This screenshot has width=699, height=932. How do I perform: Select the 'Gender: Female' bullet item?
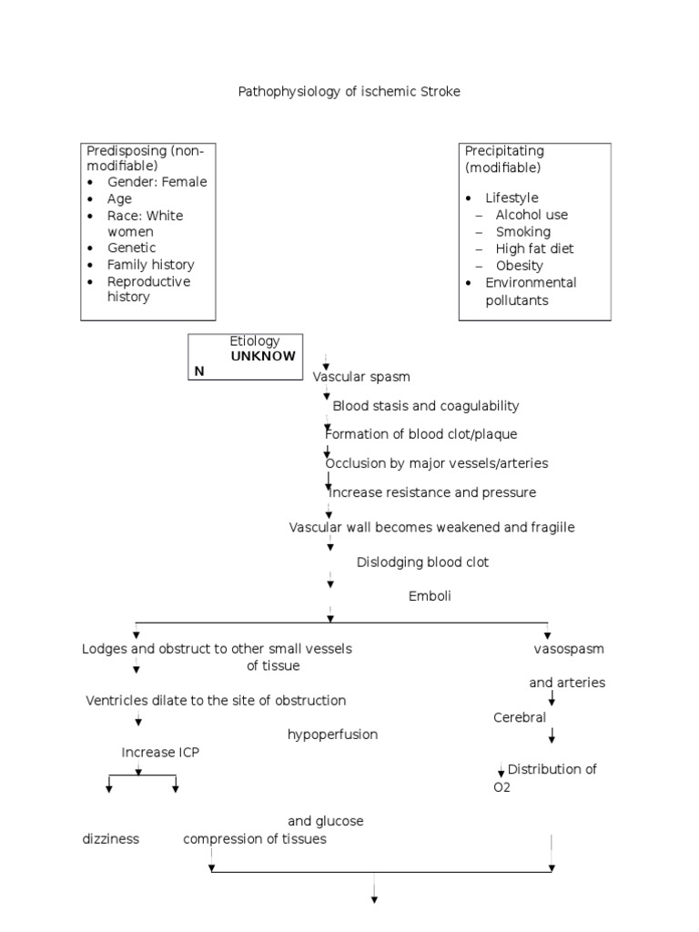tap(157, 181)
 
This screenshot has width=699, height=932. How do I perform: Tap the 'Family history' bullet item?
tap(150, 264)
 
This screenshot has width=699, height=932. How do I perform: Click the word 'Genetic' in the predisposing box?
tap(131, 248)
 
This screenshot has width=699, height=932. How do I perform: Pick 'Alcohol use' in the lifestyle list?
tap(532, 215)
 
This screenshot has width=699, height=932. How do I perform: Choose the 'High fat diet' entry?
tap(534, 248)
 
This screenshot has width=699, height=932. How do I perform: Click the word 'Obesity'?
tap(519, 266)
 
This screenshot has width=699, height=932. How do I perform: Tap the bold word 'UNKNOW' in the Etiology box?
tap(262, 356)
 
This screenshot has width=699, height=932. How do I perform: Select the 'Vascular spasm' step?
tap(361, 377)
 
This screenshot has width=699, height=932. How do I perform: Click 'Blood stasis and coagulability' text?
tap(426, 406)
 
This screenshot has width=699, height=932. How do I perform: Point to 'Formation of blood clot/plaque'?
tap(420, 434)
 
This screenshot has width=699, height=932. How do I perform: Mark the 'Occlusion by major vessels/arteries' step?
tap(437, 463)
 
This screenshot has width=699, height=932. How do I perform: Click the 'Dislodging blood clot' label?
tap(422, 562)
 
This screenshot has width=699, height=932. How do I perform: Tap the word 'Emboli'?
tap(430, 596)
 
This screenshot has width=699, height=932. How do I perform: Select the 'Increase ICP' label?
tap(160, 752)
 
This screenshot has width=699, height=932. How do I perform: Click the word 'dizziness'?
tap(110, 839)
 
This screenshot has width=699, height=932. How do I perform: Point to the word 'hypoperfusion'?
tap(332, 734)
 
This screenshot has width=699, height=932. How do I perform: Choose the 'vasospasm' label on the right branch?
tap(569, 650)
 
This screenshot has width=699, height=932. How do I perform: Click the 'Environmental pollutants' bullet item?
tap(530, 291)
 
